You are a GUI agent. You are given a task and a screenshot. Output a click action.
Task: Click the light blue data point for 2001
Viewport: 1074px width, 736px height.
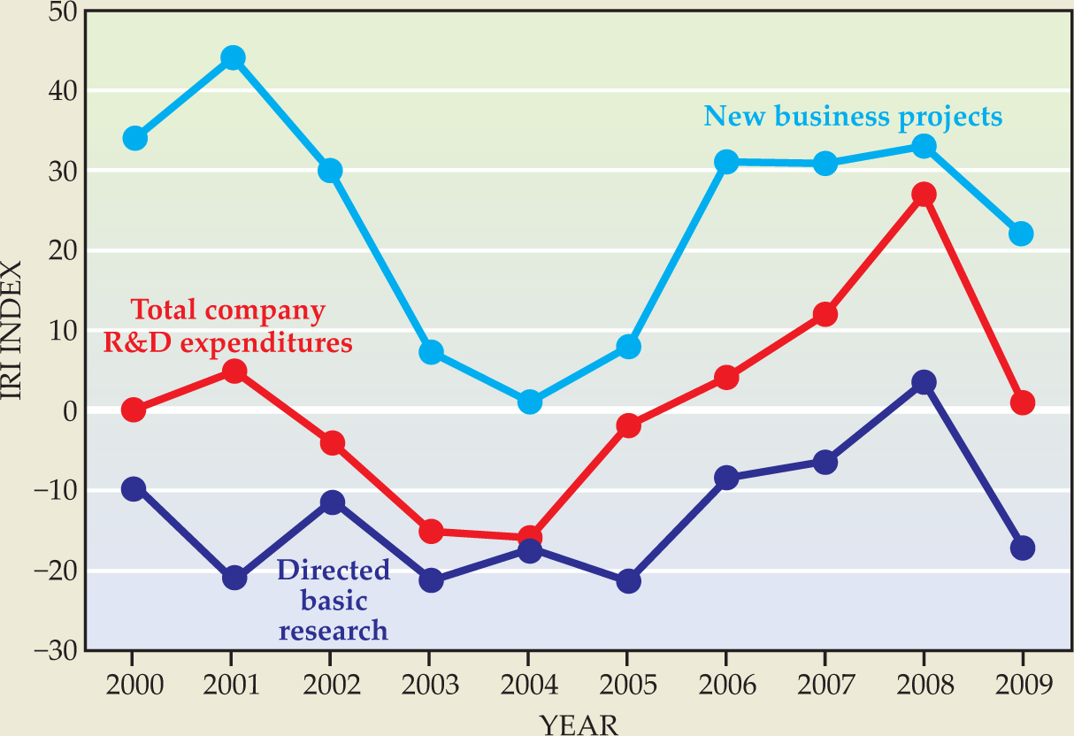233,58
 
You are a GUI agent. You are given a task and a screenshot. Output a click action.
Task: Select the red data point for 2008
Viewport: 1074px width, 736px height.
924,195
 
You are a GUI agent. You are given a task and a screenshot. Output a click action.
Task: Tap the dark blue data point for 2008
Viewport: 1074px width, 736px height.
924,382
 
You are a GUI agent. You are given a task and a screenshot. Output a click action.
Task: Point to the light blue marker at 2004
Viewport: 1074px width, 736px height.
529,402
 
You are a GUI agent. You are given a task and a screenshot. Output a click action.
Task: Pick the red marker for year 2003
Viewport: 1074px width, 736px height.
431,532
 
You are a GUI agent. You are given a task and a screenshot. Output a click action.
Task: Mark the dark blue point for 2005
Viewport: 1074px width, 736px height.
628,581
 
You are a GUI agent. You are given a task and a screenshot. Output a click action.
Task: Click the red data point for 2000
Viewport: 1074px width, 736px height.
134,410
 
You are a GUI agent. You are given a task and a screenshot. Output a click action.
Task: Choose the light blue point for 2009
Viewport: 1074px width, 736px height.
1022,234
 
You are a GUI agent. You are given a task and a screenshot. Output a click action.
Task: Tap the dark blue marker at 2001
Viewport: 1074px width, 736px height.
234,579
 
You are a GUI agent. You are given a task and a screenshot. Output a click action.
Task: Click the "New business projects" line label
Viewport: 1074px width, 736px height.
853,117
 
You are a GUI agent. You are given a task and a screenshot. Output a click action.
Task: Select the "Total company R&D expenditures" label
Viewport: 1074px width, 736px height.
228,326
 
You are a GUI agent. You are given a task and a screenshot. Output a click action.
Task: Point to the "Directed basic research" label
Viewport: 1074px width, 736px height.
333,600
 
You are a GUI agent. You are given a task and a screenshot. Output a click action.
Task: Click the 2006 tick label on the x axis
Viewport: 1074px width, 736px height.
725,686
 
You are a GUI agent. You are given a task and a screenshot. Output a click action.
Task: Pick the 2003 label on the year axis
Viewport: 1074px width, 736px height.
429,686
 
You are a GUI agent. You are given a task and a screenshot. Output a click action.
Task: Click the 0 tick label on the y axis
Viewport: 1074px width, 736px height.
68,410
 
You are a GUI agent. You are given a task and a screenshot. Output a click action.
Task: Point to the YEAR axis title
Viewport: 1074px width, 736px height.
579,724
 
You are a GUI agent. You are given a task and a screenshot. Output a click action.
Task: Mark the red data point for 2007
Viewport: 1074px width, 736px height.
825,314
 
